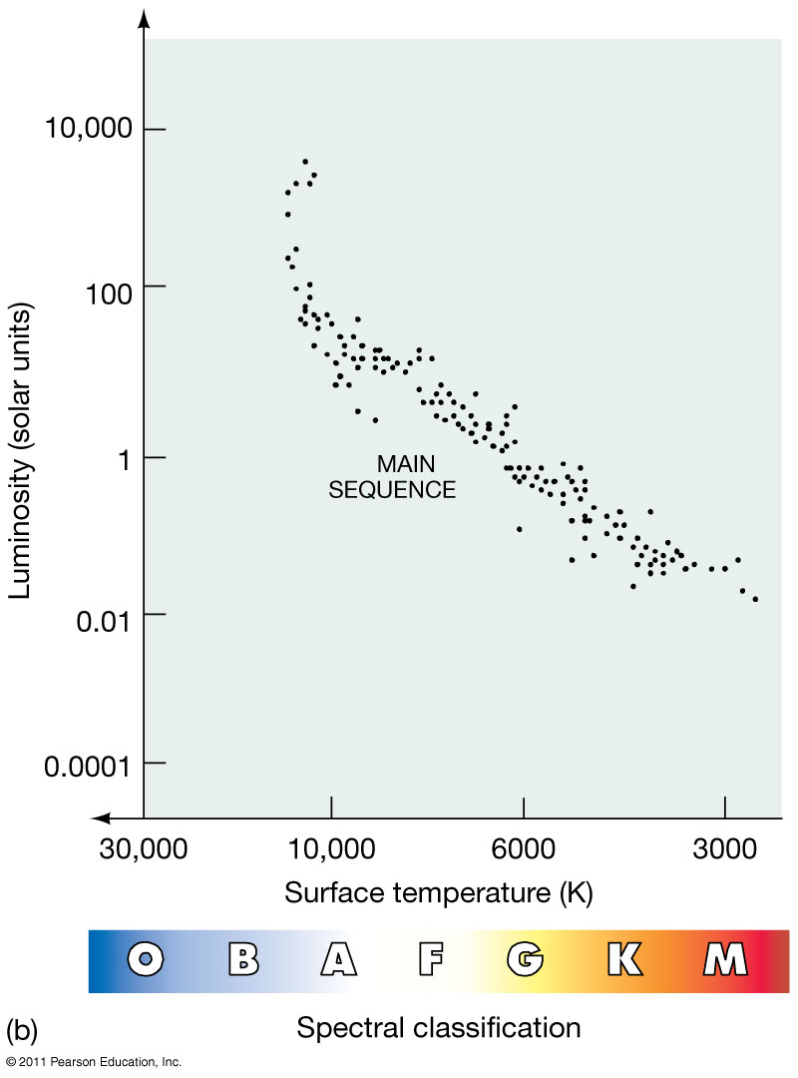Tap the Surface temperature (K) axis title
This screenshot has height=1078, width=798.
coord(439,892)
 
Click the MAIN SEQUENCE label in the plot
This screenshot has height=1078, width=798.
coord(392,477)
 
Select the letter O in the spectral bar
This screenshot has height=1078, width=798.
coord(147,960)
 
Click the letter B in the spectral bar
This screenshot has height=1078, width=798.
coord(242,960)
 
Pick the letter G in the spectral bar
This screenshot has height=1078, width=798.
coord(525,960)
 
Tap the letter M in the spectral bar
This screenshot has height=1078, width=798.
coord(724,960)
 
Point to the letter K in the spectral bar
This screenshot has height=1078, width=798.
coord(624,960)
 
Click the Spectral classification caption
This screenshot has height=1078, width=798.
coord(439,1027)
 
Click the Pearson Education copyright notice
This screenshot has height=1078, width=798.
coord(94,1062)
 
